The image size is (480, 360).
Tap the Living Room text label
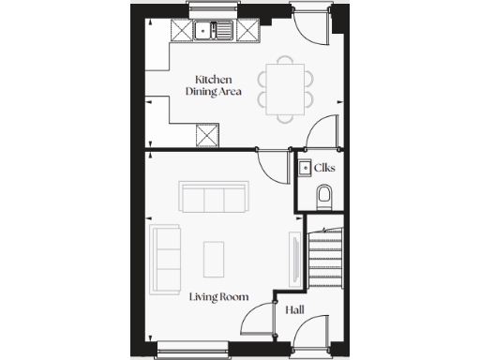[x=218, y=296]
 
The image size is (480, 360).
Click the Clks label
[x=325, y=169]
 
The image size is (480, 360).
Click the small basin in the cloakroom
[x=305, y=169]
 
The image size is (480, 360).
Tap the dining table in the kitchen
[x=285, y=87]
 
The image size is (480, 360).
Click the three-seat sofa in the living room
[x=213, y=199]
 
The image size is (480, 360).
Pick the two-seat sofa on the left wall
[x=167, y=257]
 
